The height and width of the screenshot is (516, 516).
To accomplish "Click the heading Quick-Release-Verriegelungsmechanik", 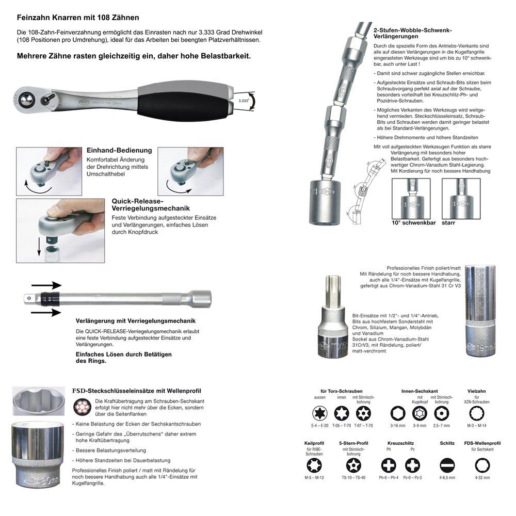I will pyautogui.click(x=138, y=204).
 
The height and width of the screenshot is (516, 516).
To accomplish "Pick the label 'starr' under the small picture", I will pyautogui.click(x=449, y=224).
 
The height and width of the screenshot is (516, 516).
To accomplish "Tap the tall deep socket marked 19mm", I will pyautogui.click(x=480, y=310).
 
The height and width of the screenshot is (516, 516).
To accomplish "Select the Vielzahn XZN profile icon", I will pyautogui.click(x=477, y=413).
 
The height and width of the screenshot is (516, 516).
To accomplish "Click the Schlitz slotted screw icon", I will pyautogui.click(x=447, y=464).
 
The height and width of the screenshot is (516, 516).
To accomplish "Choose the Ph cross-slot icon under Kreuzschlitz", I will pyautogui.click(x=388, y=464).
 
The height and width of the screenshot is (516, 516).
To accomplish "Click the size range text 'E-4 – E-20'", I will pyautogui.click(x=317, y=426).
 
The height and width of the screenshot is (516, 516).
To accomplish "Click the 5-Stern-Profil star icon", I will pyautogui.click(x=353, y=464).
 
